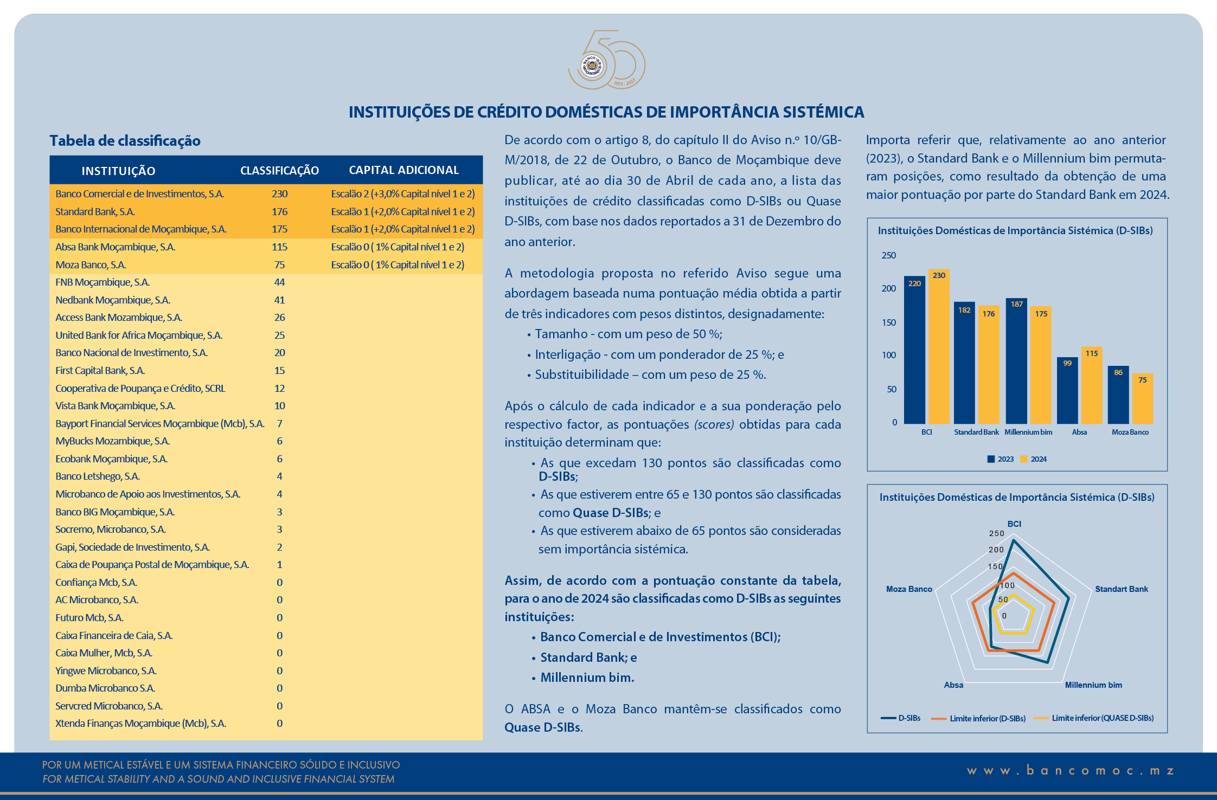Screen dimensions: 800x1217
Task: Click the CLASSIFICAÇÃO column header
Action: [x=279, y=171]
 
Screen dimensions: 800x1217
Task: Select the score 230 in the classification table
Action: [x=279, y=194]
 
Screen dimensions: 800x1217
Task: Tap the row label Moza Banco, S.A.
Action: [x=91, y=265]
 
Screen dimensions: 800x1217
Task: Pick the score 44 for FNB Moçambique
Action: [x=279, y=282]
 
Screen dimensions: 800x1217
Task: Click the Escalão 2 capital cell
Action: [x=402, y=194]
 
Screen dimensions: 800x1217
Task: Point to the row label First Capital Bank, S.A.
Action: [x=100, y=371]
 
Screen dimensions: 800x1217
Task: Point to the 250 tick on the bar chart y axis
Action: [x=888, y=255]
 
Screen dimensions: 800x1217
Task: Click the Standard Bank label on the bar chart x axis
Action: [x=976, y=433]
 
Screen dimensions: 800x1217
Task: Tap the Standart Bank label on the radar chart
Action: [x=1121, y=589]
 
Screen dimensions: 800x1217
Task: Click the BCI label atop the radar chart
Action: [x=1014, y=524]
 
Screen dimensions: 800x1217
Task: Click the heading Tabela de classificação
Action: [x=125, y=141]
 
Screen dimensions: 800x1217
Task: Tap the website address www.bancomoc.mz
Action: [x=1071, y=771]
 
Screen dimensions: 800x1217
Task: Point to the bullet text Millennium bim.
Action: [x=587, y=678]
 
